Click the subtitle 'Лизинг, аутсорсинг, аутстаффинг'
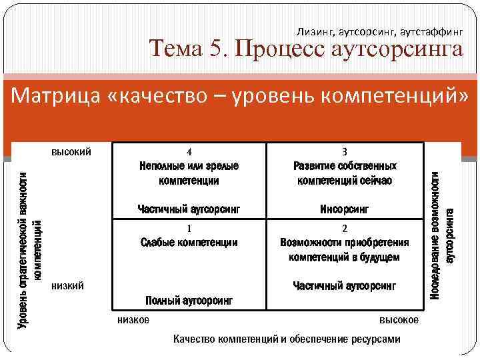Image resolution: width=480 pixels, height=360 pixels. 380,31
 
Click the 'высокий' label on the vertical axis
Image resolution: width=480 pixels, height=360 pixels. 71,151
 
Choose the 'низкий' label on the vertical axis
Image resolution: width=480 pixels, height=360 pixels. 67,286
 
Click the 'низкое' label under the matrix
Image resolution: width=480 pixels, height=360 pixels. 133,320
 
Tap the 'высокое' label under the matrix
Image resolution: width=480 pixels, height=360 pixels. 399,320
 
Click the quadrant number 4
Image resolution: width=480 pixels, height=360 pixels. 189,151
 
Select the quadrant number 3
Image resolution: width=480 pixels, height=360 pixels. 345,151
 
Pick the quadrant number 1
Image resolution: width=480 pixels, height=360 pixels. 189,229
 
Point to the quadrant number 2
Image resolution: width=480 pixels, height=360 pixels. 345,229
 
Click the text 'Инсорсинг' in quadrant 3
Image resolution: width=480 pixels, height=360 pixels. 345,209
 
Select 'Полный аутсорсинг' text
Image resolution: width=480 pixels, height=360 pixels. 189,301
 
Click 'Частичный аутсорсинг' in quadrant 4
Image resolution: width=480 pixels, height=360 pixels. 189,209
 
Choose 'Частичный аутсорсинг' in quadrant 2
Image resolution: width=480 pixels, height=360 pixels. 345,286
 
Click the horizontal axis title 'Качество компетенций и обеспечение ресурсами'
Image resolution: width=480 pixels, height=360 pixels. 287,339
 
